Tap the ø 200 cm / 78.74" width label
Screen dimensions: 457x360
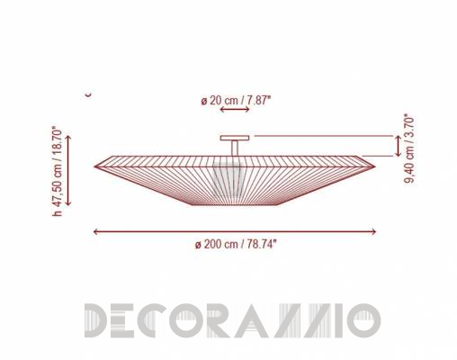(236, 244)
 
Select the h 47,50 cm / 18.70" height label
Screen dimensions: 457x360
(57, 172)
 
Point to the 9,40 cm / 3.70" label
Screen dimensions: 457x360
(409, 148)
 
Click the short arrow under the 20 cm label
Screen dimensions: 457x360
(235, 110)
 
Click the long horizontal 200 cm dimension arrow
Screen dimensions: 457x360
(235, 231)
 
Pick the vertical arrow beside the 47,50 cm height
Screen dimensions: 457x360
(68, 170)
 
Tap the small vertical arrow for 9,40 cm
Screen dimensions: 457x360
(398, 146)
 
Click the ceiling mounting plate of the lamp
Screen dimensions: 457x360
(235, 138)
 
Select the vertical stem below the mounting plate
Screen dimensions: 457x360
(235, 148)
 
